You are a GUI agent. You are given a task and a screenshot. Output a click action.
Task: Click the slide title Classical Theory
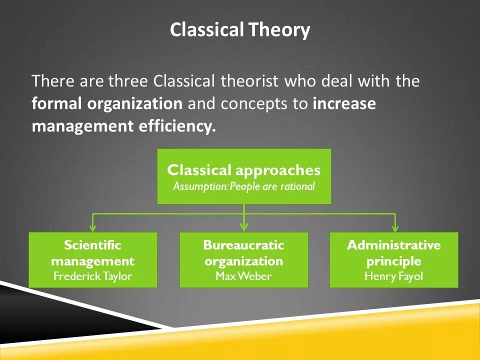pyautogui.click(x=239, y=30)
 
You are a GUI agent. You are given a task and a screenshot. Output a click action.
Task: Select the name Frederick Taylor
pyautogui.click(x=92, y=276)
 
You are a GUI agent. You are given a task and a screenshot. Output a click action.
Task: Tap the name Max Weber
pyautogui.click(x=243, y=276)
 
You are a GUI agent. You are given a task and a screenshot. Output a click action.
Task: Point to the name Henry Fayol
pyautogui.click(x=393, y=276)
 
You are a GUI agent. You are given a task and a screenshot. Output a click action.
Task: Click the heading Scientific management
pyautogui.click(x=92, y=253)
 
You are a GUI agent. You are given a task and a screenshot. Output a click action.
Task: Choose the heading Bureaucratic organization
pyautogui.click(x=243, y=253)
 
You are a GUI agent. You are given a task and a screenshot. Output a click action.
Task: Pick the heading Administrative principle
pyautogui.click(x=393, y=253)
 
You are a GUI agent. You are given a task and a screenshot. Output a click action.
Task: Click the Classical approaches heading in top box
pyautogui.click(x=243, y=170)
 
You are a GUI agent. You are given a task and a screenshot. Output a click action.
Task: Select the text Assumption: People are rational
pyautogui.click(x=243, y=187)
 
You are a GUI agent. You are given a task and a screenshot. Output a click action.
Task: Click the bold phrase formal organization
pyautogui.click(x=107, y=103)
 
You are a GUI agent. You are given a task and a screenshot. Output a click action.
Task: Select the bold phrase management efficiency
pyautogui.click(x=123, y=126)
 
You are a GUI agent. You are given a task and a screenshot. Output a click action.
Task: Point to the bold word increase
pyautogui.click(x=344, y=103)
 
